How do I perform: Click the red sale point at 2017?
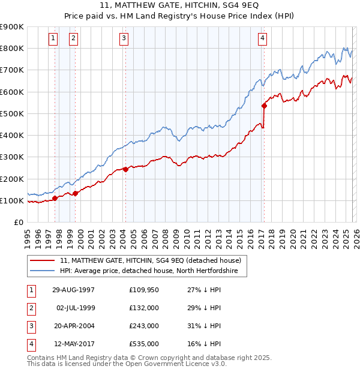coord(264,106)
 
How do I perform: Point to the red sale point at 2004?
coord(125,169)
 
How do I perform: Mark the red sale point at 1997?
coord(55,198)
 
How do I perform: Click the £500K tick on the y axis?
coord(12,113)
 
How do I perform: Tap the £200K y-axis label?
coord(12,179)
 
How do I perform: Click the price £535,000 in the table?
coord(143,344)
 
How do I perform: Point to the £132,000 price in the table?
coord(143,308)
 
